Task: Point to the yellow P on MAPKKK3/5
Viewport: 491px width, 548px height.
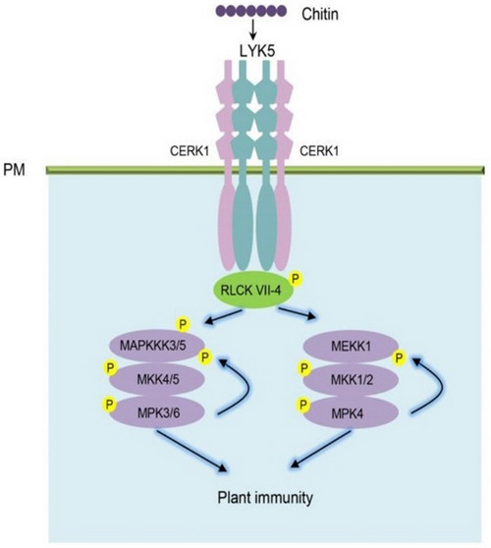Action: point(181,323)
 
